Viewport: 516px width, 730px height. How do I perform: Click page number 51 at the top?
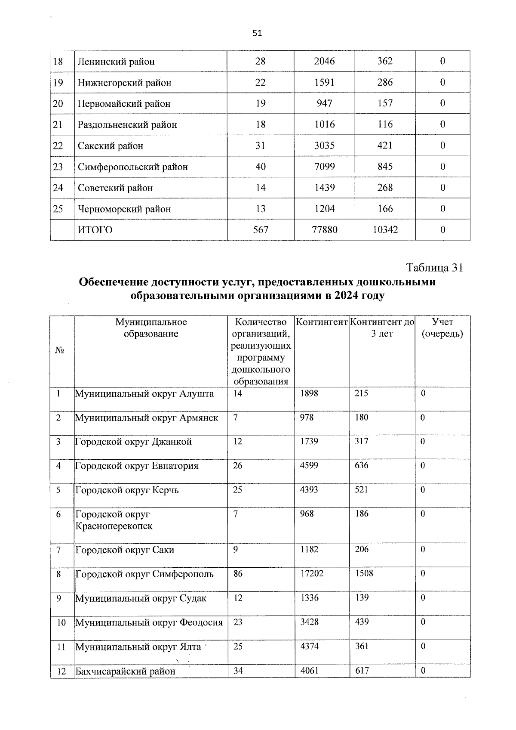coord(257,34)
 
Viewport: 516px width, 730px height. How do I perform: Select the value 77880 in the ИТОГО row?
coord(324,230)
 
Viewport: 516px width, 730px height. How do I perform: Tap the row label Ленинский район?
coord(116,61)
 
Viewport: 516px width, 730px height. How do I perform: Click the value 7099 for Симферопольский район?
coord(324,167)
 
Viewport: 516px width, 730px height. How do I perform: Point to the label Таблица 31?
coord(434,267)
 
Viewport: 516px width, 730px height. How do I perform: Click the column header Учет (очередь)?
coord(442,328)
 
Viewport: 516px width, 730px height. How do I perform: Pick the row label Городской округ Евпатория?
coord(137,466)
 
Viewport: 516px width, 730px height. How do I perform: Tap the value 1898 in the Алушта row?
coord(309,393)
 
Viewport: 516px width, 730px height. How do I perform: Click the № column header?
coord(60,350)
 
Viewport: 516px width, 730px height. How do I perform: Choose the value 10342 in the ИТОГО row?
coord(385,230)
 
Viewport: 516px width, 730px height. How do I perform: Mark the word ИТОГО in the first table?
coord(95,230)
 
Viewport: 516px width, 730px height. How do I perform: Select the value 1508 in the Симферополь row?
coord(364,573)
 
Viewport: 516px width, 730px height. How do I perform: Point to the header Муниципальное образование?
coord(151,328)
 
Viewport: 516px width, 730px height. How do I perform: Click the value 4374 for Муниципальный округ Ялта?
coord(310,646)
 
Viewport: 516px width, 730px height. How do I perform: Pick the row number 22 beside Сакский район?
coord(58,146)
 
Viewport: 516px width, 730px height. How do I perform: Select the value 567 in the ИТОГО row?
coord(260,230)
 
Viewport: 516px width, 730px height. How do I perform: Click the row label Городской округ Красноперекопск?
coord(114,520)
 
